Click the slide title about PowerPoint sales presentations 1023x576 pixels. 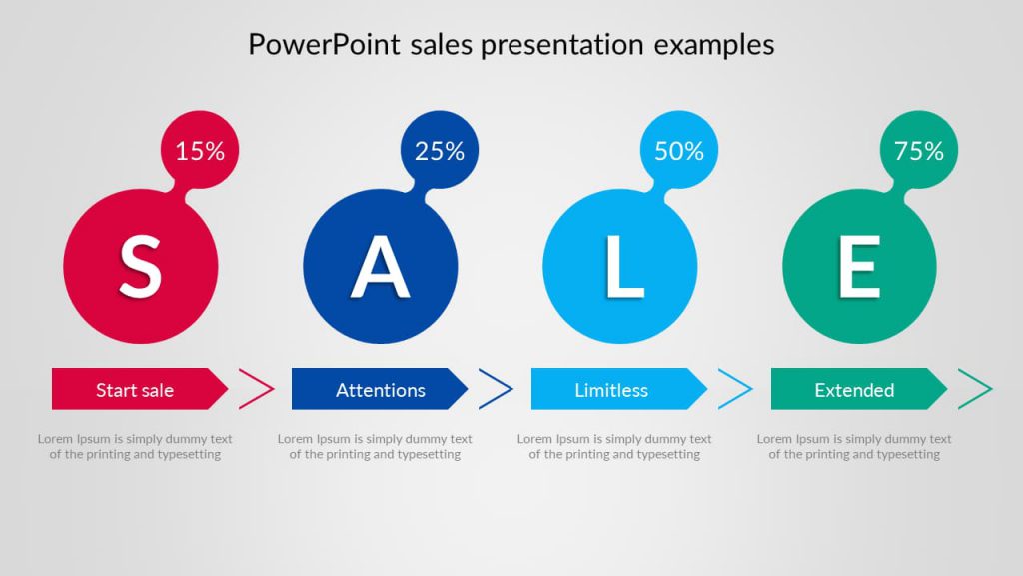click(511, 45)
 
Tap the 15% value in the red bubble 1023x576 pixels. click(200, 151)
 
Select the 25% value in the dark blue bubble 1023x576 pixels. click(440, 151)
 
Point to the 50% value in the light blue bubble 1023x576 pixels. click(679, 151)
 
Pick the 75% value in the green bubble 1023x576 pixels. click(919, 151)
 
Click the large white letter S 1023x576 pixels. click(140, 267)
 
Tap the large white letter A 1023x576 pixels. click(380, 267)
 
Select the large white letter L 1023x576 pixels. click(622, 267)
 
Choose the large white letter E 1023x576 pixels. click(859, 267)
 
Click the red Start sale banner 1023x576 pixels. click(136, 390)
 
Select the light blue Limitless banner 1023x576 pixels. click(612, 390)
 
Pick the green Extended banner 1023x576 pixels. click(855, 390)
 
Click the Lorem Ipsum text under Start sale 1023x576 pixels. click(135, 447)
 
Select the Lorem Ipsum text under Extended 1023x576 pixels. click(854, 447)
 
